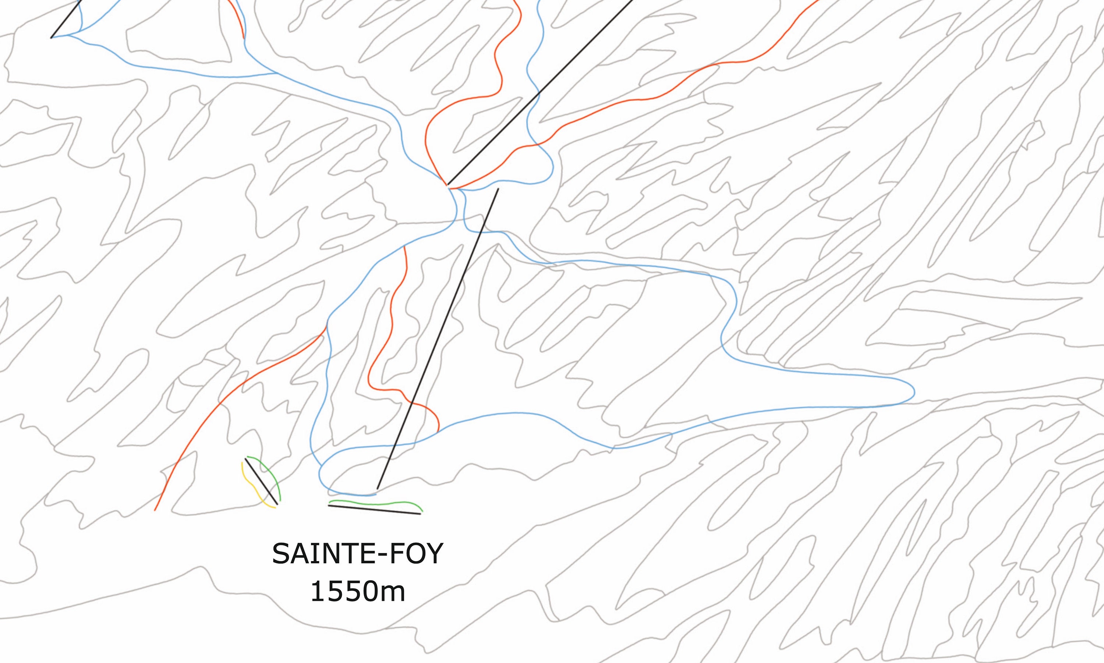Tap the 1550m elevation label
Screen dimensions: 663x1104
pyautogui.click(x=357, y=592)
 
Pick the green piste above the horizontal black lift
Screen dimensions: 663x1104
pyautogui.click(x=375, y=503)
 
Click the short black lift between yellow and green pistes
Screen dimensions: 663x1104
pyautogui.click(x=261, y=481)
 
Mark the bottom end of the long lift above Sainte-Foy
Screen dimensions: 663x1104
pyautogui.click(x=378, y=489)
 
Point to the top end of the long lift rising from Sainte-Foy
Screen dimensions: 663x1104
pyautogui.click(x=498, y=189)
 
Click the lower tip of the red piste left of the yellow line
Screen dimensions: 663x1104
pyautogui.click(x=155, y=510)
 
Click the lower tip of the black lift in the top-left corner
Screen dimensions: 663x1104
pyautogui.click(x=52, y=38)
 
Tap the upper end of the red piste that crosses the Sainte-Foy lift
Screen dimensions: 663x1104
pyautogui.click(x=404, y=246)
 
